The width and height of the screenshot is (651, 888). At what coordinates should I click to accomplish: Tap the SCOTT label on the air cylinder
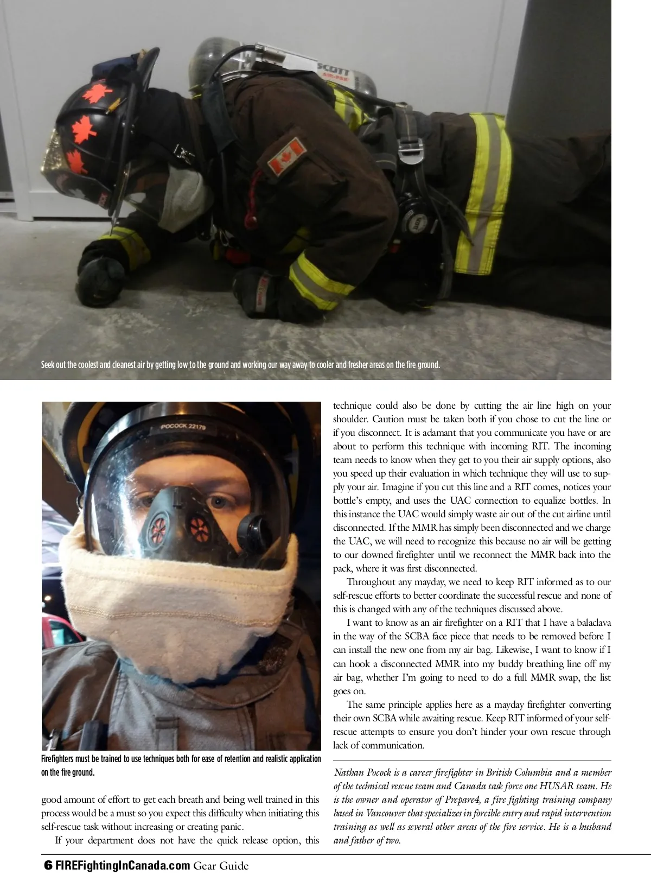(x=332, y=68)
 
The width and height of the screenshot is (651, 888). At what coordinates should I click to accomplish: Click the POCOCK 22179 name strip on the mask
(x=183, y=427)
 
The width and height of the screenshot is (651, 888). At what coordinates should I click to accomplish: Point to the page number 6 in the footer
(x=47, y=865)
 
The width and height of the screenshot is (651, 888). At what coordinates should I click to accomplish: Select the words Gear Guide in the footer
(x=221, y=866)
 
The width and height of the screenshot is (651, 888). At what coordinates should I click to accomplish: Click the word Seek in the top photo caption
(x=48, y=364)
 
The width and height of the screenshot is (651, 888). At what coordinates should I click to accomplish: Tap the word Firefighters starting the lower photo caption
(x=60, y=759)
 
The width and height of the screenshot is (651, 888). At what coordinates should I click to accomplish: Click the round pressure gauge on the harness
(x=416, y=219)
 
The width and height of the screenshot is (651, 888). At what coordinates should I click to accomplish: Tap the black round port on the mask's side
(x=251, y=526)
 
